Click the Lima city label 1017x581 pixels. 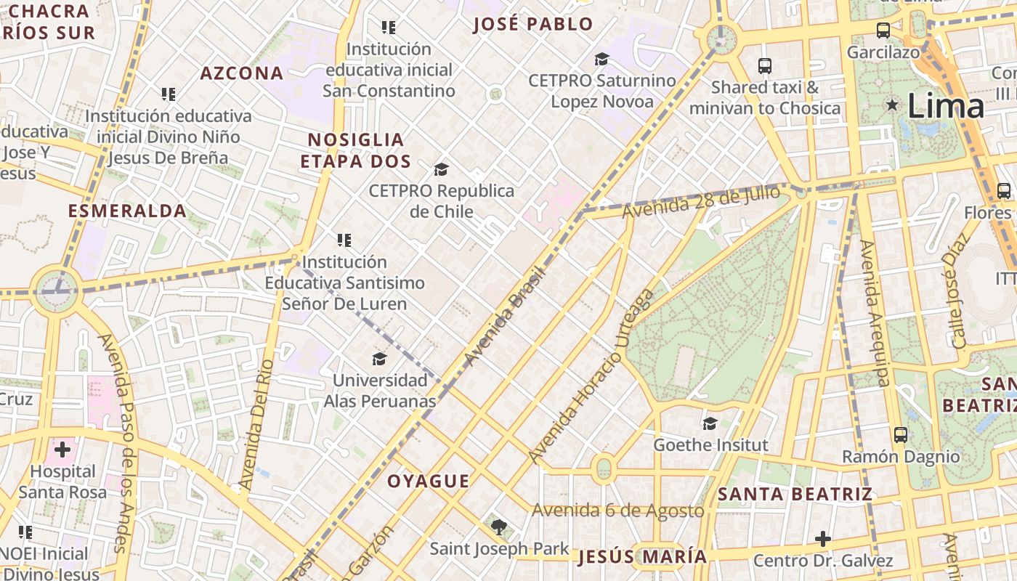pyautogui.click(x=946, y=107)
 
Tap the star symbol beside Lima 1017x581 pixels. pyautogui.click(x=892, y=105)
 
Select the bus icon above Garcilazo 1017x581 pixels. pyautogui.click(x=883, y=31)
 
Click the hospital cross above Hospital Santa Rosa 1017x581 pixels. pyautogui.click(x=62, y=450)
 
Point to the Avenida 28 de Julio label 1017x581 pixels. pyautogui.click(x=701, y=201)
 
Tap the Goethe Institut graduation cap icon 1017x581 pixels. pyautogui.click(x=710, y=423)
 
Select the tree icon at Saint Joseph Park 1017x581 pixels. pyautogui.click(x=498, y=527)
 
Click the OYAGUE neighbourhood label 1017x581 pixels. pyautogui.click(x=428, y=482)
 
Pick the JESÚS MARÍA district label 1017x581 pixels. pyautogui.click(x=643, y=557)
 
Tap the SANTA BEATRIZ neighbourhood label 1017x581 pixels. pyautogui.click(x=795, y=495)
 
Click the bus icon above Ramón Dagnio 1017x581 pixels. pyautogui.click(x=901, y=435)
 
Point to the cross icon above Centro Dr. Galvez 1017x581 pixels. pyautogui.click(x=822, y=539)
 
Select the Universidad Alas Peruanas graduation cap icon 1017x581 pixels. pyautogui.click(x=379, y=359)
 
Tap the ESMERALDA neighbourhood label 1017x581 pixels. pyautogui.click(x=127, y=211)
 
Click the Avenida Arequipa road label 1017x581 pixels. pyautogui.click(x=874, y=312)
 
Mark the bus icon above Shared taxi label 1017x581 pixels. pyautogui.click(x=765, y=66)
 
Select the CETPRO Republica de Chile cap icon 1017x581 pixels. pyautogui.click(x=441, y=170)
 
